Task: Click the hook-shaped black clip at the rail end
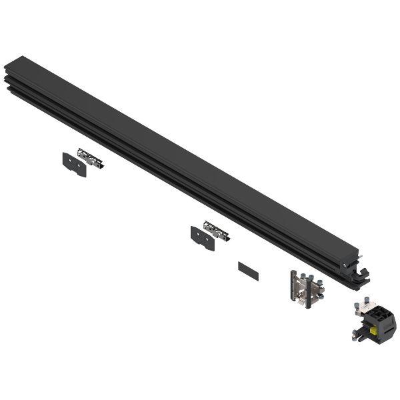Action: [363, 273]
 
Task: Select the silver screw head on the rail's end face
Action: [345, 265]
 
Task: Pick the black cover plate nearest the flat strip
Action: [203, 238]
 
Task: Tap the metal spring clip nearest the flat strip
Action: [216, 231]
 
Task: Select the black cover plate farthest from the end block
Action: [74, 164]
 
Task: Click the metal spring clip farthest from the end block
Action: [91, 158]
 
